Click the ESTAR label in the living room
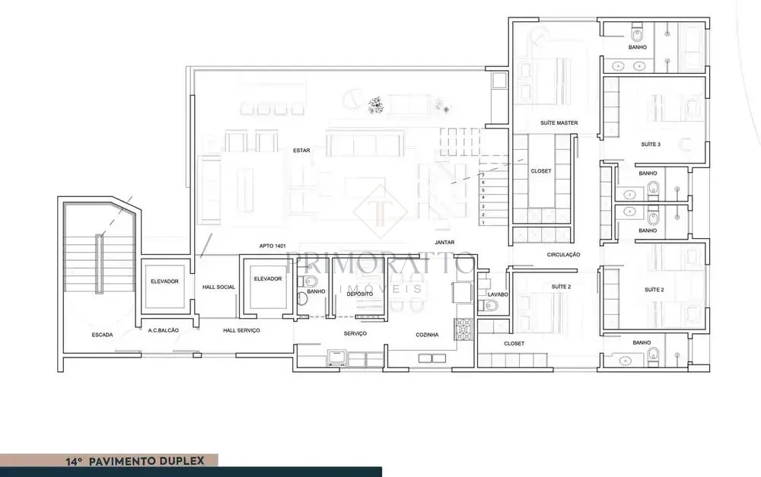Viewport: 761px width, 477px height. coord(301,151)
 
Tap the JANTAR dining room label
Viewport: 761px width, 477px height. coord(444,242)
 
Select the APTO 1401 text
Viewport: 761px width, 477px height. coord(272,246)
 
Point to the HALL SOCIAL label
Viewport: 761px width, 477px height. coord(218,288)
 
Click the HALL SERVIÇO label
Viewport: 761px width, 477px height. coord(241,330)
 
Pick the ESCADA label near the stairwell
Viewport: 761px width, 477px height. coord(103,335)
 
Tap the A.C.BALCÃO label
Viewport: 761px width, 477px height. coord(163,330)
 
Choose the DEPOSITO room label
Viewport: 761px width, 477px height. coord(360,294)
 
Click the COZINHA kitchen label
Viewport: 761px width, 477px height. coord(427,335)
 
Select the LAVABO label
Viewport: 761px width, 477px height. coord(498,294)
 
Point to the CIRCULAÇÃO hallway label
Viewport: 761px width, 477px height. coord(563,255)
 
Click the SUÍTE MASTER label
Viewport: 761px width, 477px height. coord(559,123)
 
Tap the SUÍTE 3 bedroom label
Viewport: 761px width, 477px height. coord(651,145)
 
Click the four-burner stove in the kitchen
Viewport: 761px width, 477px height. coord(463,329)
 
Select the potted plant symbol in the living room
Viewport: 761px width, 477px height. coord(375,105)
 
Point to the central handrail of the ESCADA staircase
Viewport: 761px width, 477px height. coord(99,263)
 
